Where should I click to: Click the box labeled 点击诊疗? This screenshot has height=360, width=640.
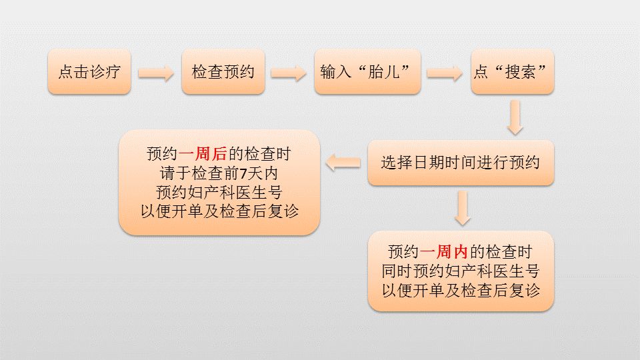[x=89, y=72]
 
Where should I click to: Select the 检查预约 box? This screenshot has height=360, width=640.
[x=223, y=72]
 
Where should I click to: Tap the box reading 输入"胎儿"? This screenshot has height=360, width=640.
[x=367, y=72]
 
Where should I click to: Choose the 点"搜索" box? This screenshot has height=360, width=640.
[x=512, y=72]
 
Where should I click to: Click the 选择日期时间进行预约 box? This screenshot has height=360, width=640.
[x=461, y=163]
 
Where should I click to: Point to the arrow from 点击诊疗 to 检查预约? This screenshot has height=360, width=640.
[x=156, y=73]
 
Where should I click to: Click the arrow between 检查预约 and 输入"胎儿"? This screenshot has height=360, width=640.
[x=289, y=73]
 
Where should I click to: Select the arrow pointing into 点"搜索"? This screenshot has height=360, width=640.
[x=445, y=73]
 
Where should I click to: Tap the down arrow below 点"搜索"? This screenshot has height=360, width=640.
[x=515, y=117]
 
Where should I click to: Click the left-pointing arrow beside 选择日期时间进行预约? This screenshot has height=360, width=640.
[x=343, y=163]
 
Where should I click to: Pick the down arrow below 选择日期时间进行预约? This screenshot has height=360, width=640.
[x=463, y=208]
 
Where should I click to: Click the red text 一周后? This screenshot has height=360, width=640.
[x=203, y=154]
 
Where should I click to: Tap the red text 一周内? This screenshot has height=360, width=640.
[x=444, y=252]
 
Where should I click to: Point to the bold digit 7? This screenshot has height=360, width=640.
[x=243, y=174]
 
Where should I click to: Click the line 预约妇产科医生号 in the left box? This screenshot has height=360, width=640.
[x=219, y=192]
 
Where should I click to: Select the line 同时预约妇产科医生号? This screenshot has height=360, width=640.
[x=461, y=271]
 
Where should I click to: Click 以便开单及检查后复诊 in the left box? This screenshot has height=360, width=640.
[x=219, y=211]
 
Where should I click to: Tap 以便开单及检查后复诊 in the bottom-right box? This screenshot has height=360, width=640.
[x=461, y=290]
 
